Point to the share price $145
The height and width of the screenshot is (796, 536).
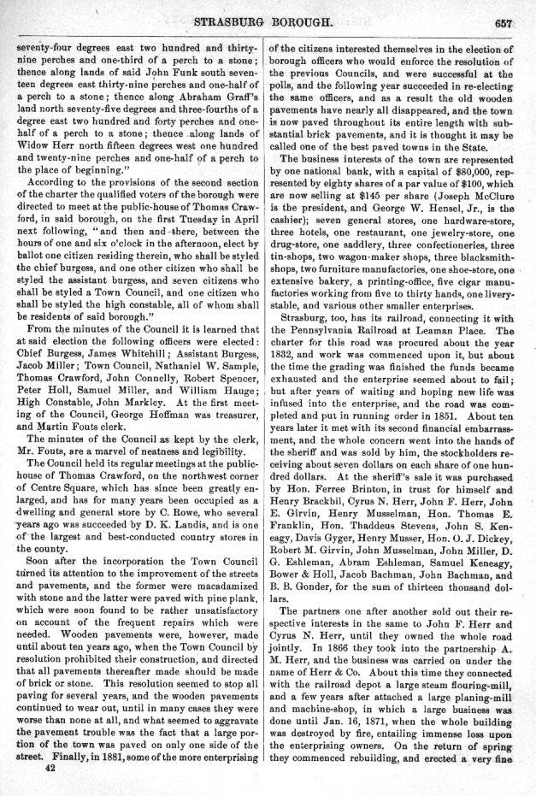point(381,195)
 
